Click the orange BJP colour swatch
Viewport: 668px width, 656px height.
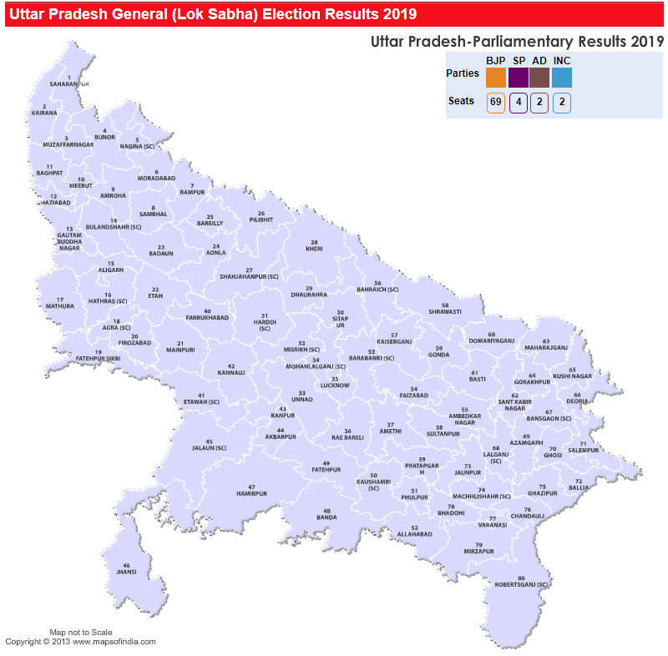pyautogui.click(x=496, y=77)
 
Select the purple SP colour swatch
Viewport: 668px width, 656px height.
pyautogui.click(x=518, y=77)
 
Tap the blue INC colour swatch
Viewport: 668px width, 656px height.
pyautogui.click(x=561, y=77)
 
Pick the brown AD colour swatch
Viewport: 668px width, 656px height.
pyautogui.click(x=539, y=77)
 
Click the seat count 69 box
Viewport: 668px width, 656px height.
pyautogui.click(x=496, y=103)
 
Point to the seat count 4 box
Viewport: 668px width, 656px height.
pyautogui.click(x=518, y=103)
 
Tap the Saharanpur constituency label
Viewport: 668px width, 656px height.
pyautogui.click(x=68, y=84)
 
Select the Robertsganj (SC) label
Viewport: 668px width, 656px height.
pyautogui.click(x=522, y=585)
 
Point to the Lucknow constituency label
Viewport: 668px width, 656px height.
pyautogui.click(x=335, y=385)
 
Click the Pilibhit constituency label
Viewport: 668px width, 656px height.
pyautogui.click(x=261, y=220)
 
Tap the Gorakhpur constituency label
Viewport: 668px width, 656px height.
pyautogui.click(x=532, y=381)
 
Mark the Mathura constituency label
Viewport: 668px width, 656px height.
pyautogui.click(x=60, y=306)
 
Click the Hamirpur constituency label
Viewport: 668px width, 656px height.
pyautogui.click(x=251, y=493)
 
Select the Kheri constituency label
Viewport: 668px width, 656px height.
pyautogui.click(x=314, y=249)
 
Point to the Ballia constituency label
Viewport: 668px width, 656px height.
pyautogui.click(x=578, y=487)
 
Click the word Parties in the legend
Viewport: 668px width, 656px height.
pyautogui.click(x=463, y=73)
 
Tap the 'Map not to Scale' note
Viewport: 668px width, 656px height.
pyautogui.click(x=80, y=633)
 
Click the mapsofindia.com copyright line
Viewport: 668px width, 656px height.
pyautogui.click(x=80, y=642)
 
